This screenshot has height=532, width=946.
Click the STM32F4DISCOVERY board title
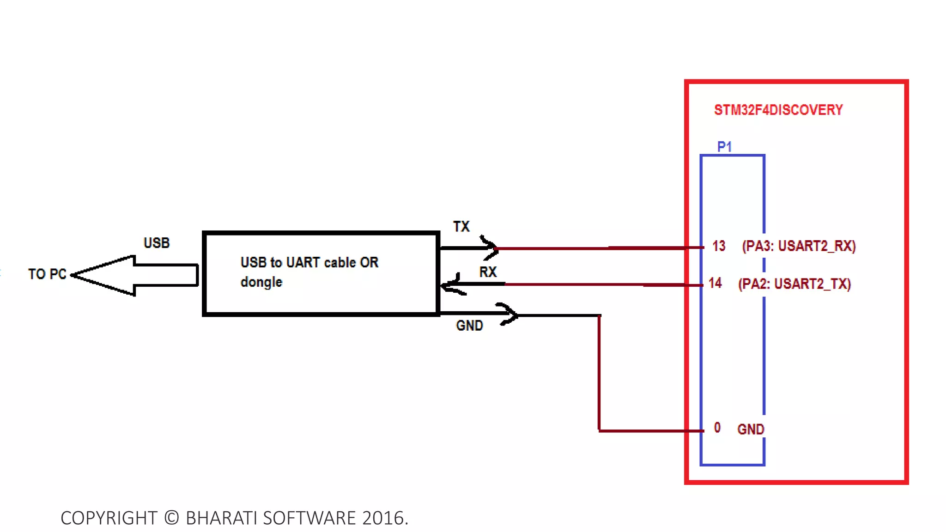click(x=778, y=110)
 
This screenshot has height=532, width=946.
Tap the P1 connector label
click(x=724, y=147)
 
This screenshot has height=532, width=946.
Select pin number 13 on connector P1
click(x=719, y=246)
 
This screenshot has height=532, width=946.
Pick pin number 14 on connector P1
click(x=715, y=283)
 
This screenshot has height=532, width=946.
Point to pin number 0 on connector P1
click(x=717, y=428)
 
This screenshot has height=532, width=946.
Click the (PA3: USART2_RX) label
click(x=799, y=246)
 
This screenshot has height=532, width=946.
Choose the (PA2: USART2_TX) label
click(x=794, y=284)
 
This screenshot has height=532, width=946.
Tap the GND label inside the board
click(x=751, y=429)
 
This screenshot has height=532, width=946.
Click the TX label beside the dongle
click(x=461, y=226)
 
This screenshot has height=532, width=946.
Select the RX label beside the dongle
click(x=488, y=272)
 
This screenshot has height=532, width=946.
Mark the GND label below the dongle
click(x=469, y=326)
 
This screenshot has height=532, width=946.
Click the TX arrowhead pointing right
click(x=491, y=248)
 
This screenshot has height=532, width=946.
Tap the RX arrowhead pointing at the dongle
click(x=451, y=284)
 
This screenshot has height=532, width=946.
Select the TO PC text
click(x=47, y=274)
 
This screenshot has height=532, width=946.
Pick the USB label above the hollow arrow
click(x=157, y=243)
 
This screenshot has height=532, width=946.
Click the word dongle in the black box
click(x=261, y=282)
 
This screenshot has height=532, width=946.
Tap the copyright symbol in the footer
click(x=171, y=518)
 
